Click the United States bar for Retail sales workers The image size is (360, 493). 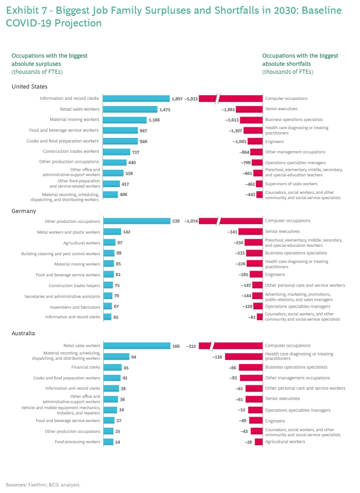tap(130, 109)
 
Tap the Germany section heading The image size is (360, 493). tap(23, 211)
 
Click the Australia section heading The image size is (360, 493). tap(24, 334)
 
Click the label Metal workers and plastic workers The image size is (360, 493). tap(68, 232)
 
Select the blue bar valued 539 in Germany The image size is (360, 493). tap(136, 221)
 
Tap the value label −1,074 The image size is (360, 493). tap(192, 221)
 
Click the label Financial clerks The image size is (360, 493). tap(86, 367)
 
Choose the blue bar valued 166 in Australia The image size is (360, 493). tap(136, 346)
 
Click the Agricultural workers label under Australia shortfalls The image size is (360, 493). tap(285, 441)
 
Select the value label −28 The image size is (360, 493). tap(248, 442)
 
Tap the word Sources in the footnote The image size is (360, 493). tap(16, 484)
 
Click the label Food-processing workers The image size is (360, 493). tap(77, 442)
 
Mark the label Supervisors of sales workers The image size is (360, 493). tap(291, 183)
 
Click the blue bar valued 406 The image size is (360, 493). tap(110, 194)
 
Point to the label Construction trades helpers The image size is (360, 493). tap(74, 286)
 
